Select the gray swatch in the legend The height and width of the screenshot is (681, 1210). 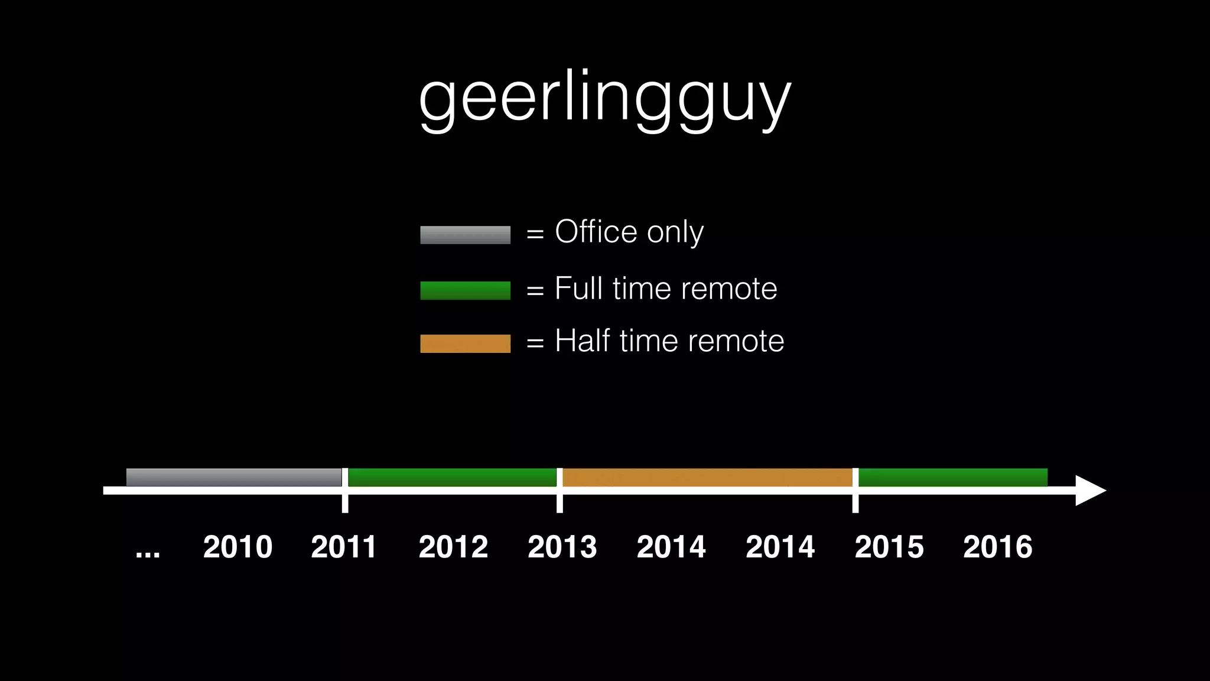(x=465, y=235)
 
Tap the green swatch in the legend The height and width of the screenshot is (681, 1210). (x=465, y=290)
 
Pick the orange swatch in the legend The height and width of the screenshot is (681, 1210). (x=465, y=343)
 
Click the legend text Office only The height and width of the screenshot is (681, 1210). (x=629, y=232)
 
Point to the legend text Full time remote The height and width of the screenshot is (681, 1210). (x=666, y=289)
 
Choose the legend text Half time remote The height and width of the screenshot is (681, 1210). (x=669, y=341)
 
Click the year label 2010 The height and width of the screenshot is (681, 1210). (x=238, y=547)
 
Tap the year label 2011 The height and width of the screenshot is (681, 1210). (x=344, y=547)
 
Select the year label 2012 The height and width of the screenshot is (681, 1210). (x=453, y=547)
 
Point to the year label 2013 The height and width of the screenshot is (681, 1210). (x=562, y=547)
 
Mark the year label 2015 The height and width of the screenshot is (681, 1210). (x=889, y=547)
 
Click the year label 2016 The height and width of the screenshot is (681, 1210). (x=998, y=547)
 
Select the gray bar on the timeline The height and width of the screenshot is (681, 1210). (x=234, y=477)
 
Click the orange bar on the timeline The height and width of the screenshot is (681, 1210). (x=707, y=477)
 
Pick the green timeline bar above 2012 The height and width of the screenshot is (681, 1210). (x=452, y=477)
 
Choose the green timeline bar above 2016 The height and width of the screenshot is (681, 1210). (x=952, y=477)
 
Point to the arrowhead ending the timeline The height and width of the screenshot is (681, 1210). (x=1089, y=491)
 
